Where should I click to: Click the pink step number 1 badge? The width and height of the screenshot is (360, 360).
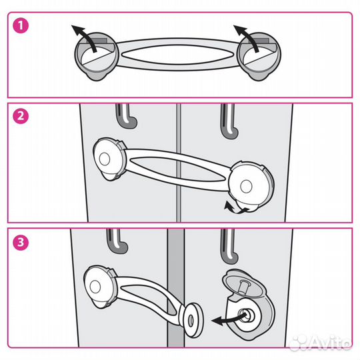(21, 25)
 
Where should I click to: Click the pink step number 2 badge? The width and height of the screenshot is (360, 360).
(21, 116)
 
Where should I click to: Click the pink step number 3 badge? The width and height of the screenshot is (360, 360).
(21, 242)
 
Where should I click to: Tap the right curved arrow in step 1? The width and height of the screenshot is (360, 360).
(250, 37)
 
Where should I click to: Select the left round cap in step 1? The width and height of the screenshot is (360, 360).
(97, 56)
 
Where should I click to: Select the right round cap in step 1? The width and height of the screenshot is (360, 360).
(259, 56)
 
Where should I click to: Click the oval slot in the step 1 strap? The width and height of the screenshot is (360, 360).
(178, 55)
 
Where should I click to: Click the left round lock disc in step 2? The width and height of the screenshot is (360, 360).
(110, 159)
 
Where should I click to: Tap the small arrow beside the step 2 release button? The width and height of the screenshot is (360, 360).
(234, 208)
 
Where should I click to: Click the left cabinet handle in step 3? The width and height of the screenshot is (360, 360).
(117, 241)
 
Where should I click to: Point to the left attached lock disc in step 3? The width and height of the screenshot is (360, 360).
(99, 287)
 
